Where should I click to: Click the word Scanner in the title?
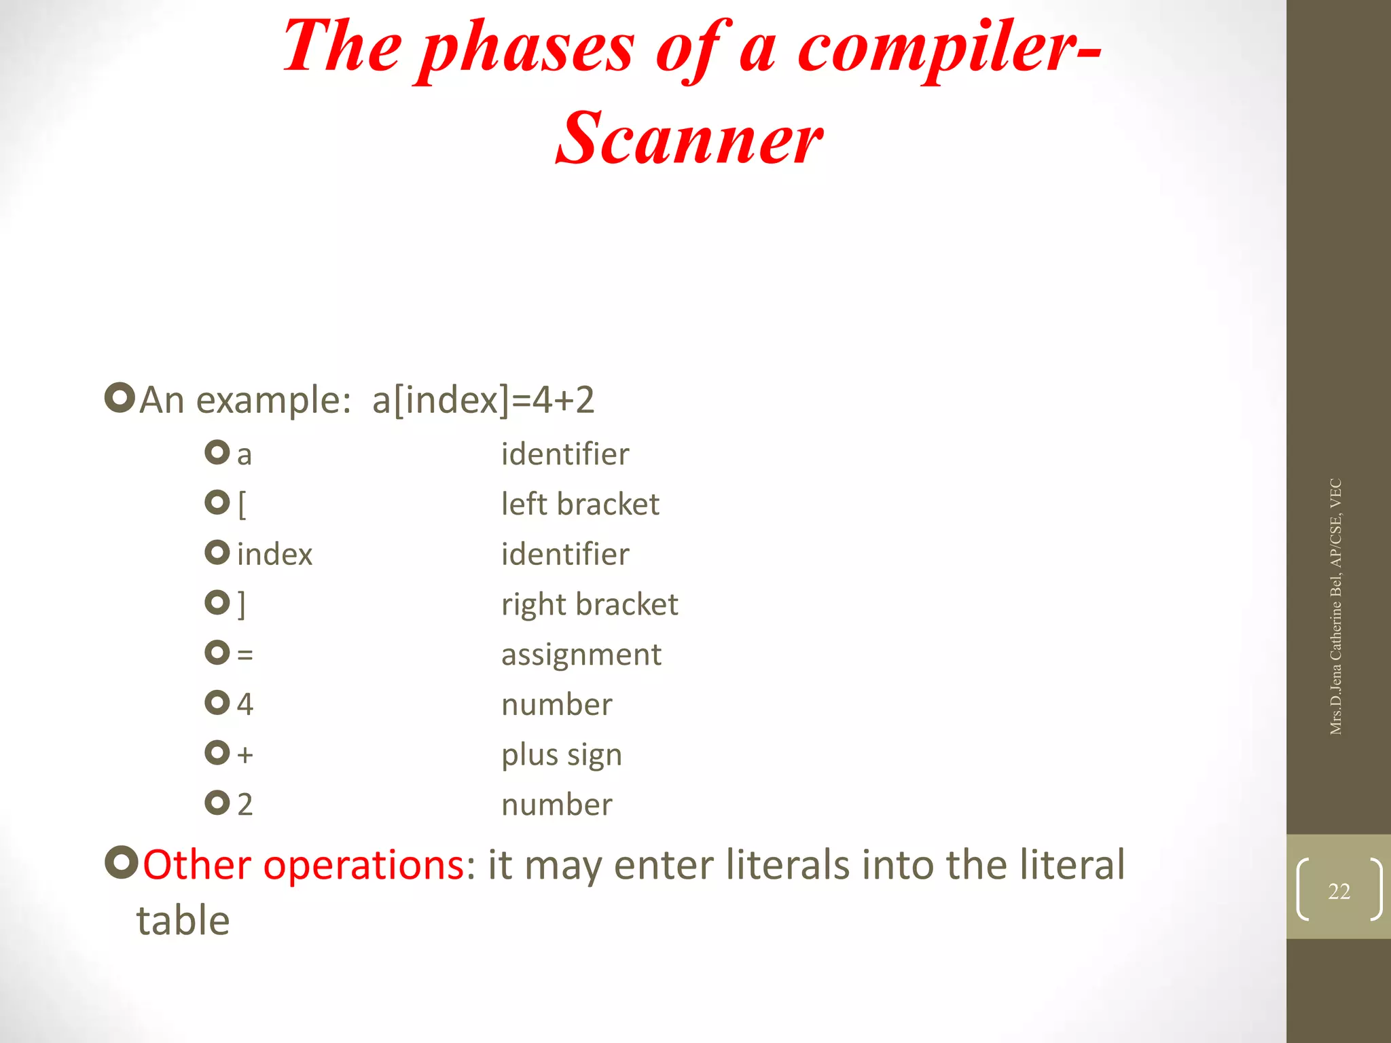[x=689, y=139]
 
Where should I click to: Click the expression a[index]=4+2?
[x=483, y=400]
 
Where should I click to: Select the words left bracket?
[x=579, y=505]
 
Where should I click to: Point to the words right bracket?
[x=589, y=604]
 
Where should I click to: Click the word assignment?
[x=581, y=655]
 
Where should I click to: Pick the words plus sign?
[x=561, y=754]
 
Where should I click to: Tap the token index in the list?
[x=274, y=555]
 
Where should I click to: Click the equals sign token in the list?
[x=245, y=655]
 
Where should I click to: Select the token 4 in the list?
[x=245, y=705]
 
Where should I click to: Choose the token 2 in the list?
[x=245, y=805]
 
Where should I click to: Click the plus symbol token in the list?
[x=245, y=754]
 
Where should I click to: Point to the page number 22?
[x=1338, y=891]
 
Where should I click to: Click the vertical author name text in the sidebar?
[x=1335, y=606]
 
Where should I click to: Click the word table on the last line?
[x=183, y=921]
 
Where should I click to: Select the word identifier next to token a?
[x=564, y=454]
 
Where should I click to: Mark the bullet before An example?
[x=120, y=398]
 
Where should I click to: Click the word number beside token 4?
[x=556, y=705]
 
